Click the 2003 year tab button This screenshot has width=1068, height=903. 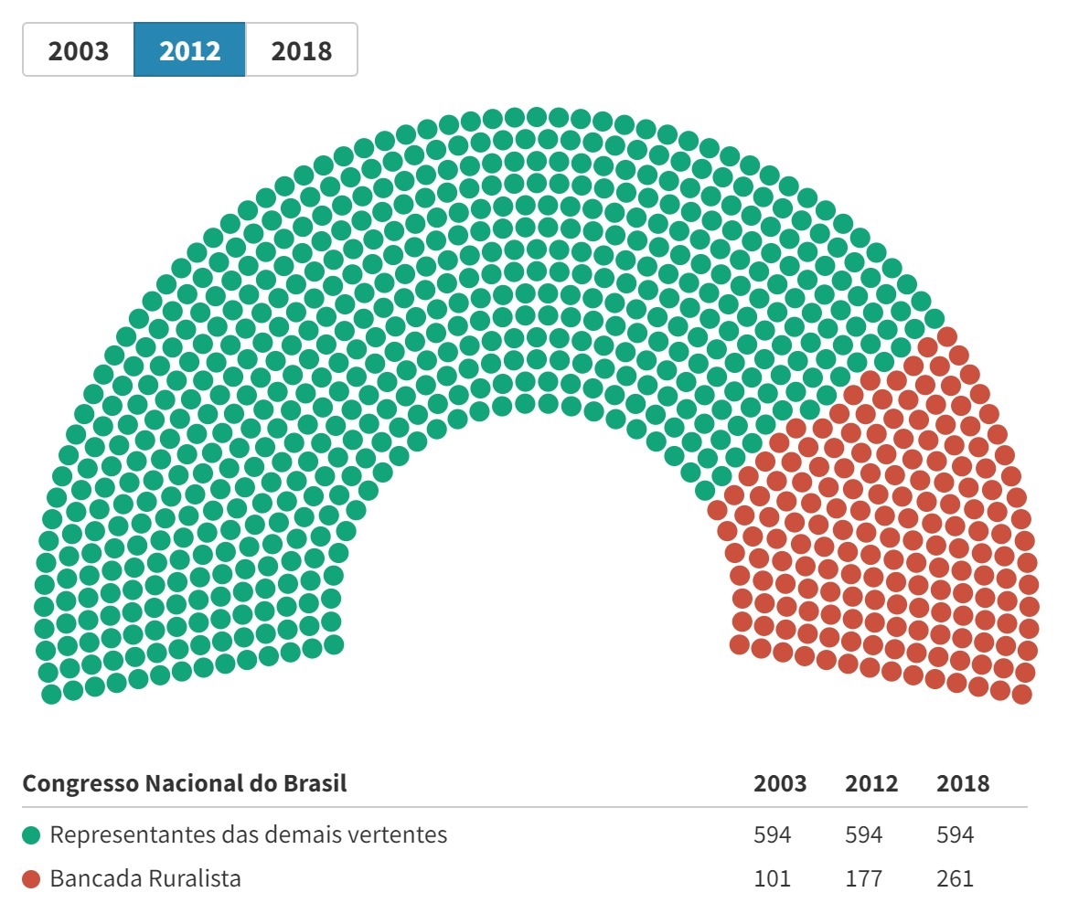(79, 50)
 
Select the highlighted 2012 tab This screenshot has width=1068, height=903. (190, 50)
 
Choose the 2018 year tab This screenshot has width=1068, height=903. (301, 50)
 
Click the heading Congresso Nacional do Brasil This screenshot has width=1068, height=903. (185, 784)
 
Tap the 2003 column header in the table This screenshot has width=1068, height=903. (780, 784)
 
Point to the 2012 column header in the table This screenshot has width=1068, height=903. (871, 784)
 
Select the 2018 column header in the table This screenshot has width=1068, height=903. (963, 784)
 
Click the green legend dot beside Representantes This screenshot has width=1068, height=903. (32, 835)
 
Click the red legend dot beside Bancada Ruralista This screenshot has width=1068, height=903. (32, 880)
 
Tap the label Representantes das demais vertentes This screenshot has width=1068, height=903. (249, 835)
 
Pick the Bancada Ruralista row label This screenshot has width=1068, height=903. (146, 880)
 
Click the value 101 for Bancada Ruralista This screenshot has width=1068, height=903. (773, 880)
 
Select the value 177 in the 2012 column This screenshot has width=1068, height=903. (864, 880)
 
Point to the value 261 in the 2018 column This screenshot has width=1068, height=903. (956, 880)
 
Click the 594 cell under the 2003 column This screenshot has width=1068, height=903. (773, 835)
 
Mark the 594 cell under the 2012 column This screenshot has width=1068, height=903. (864, 835)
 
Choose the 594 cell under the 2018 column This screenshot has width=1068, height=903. (956, 835)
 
